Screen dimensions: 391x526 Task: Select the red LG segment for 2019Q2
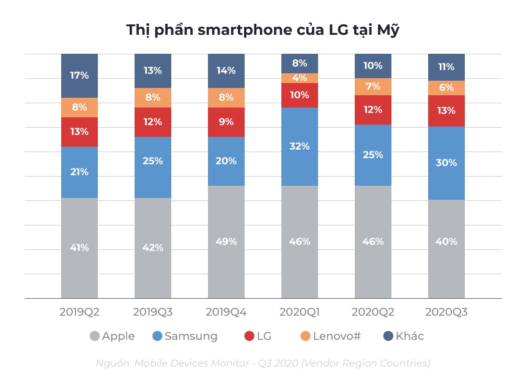pyautogui.click(x=80, y=132)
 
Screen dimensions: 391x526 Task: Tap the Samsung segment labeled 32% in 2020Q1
pyautogui.click(x=300, y=147)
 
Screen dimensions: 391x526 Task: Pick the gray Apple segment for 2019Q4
pyautogui.click(x=226, y=242)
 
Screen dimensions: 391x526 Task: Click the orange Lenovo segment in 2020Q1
pyautogui.click(x=300, y=78)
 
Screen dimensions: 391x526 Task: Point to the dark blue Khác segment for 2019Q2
pyautogui.click(x=80, y=76)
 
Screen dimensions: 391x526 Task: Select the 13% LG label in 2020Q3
pyautogui.click(x=446, y=111)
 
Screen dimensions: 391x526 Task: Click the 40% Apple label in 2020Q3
pyautogui.click(x=446, y=241)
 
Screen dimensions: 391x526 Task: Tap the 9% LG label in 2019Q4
pyautogui.click(x=226, y=122)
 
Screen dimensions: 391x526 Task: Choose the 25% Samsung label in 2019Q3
pyautogui.click(x=153, y=161)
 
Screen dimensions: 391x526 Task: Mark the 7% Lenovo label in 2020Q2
pyautogui.click(x=373, y=86)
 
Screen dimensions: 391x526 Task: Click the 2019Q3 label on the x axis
pyautogui.click(x=153, y=312)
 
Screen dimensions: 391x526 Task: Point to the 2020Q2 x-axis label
pyautogui.click(x=373, y=312)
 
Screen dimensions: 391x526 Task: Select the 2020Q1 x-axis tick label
pyautogui.click(x=300, y=312)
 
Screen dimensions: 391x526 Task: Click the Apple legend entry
pyautogui.click(x=113, y=336)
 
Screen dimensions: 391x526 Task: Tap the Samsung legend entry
pyautogui.click(x=185, y=336)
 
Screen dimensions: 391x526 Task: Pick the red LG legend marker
pyautogui.click(x=249, y=336)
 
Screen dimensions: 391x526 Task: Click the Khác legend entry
pyautogui.click(x=403, y=336)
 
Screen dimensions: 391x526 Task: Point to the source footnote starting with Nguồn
pyautogui.click(x=263, y=363)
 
